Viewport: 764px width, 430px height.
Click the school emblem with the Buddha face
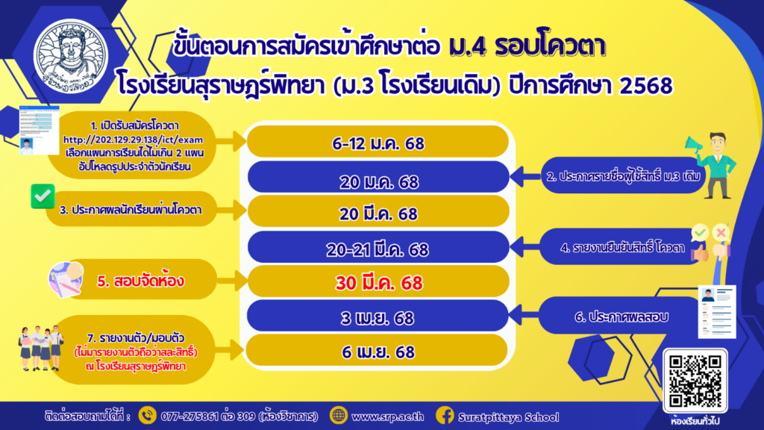point(71,57)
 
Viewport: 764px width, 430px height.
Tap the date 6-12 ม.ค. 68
point(378,144)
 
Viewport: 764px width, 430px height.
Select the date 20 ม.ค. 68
point(378,182)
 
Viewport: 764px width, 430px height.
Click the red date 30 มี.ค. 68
point(378,283)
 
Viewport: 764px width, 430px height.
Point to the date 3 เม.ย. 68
point(378,318)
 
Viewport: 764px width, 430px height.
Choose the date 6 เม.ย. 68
point(378,352)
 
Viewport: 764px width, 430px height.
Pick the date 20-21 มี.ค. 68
point(378,249)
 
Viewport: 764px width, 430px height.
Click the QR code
point(695,381)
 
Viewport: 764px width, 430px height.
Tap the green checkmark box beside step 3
point(43,196)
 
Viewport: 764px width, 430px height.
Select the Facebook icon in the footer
point(445,415)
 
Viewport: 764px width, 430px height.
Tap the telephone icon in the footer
point(147,415)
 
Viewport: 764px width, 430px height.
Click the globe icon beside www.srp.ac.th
point(338,415)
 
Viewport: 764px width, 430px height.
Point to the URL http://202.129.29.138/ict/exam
point(133,140)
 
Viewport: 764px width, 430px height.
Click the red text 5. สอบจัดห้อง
point(140,281)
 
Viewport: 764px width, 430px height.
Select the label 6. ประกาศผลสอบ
point(621,317)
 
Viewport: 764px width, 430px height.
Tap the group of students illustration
point(42,349)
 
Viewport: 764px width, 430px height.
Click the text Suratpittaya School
point(509,417)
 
